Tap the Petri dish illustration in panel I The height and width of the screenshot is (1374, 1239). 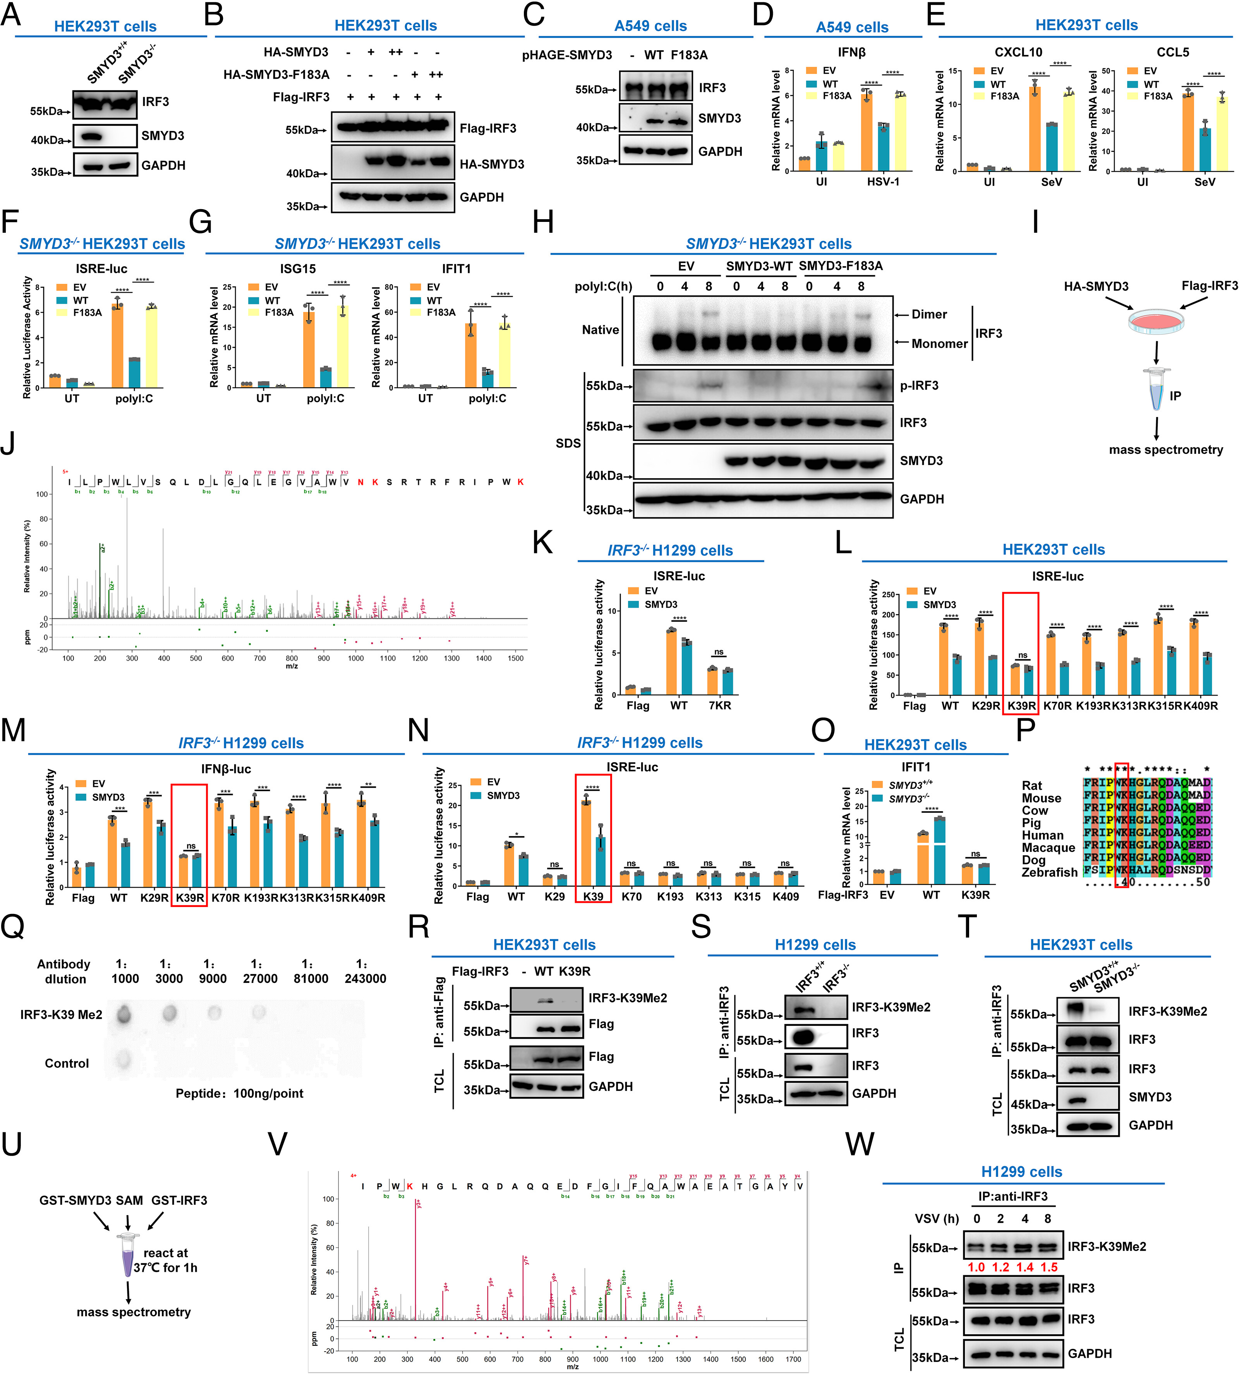(1156, 320)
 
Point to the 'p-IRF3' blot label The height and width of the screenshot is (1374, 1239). (919, 385)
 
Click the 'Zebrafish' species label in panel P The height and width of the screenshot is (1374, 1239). (1049, 872)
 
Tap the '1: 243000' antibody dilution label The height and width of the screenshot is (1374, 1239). (365, 972)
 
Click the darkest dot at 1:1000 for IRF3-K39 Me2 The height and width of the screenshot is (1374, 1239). (123, 1015)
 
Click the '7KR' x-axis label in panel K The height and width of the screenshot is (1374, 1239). (719, 705)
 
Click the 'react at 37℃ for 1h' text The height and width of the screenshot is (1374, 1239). (165, 1260)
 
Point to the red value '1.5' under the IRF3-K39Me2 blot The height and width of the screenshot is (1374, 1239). (1049, 1267)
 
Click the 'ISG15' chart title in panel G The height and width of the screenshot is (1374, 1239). (298, 269)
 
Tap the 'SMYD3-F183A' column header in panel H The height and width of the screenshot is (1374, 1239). (841, 266)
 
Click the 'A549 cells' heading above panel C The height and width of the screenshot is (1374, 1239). (650, 26)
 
